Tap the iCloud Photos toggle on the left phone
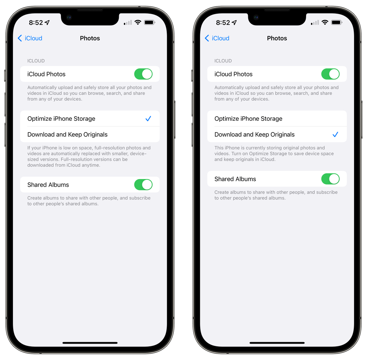(143, 74)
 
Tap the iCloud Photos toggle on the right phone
(330, 74)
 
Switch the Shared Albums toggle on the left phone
(143, 185)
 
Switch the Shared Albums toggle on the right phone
(330, 179)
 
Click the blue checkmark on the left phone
(148, 119)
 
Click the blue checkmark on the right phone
(335, 134)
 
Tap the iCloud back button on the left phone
(30, 38)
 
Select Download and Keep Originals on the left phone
(67, 134)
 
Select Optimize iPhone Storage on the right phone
(248, 119)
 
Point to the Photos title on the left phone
(90, 38)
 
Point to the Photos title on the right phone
(277, 38)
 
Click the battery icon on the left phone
(149, 23)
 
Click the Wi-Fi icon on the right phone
(325, 23)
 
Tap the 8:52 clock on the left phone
(36, 23)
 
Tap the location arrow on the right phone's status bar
(234, 23)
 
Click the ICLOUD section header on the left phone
(36, 61)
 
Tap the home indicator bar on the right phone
(277, 343)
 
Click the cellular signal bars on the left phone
(128, 23)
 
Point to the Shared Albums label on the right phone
(235, 179)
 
